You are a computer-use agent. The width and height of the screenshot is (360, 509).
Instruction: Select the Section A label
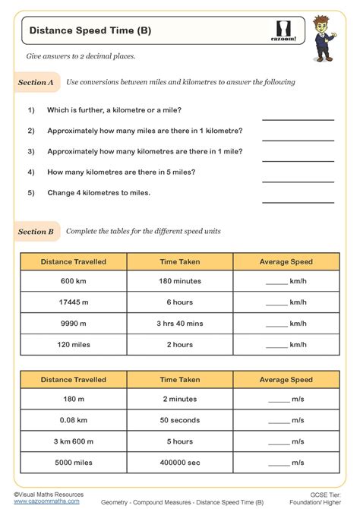point(36,82)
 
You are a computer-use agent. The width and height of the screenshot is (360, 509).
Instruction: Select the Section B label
point(36,232)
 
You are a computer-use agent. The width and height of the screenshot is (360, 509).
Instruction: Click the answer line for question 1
point(298,119)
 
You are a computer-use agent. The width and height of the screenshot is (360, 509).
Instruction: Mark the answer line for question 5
point(298,201)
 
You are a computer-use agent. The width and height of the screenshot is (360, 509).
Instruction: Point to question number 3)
point(31,151)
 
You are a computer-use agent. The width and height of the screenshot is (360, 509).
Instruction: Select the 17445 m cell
point(74,302)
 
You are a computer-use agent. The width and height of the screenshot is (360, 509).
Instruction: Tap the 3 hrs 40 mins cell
point(179,323)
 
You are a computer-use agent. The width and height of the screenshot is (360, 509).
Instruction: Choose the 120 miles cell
point(74,343)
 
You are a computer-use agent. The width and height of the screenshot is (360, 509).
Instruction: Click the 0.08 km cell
point(74,419)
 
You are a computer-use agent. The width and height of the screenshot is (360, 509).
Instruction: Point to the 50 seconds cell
point(179,419)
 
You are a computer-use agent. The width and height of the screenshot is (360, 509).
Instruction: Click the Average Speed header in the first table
point(286,261)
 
